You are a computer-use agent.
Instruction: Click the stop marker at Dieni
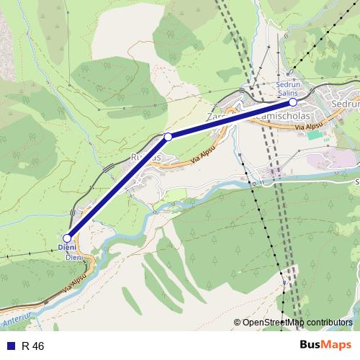[67, 238]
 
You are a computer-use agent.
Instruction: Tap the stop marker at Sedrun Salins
[293, 102]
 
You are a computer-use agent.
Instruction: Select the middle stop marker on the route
[168, 136]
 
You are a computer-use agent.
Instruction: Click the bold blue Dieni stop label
[66, 248]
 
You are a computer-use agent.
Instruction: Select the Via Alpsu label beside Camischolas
[308, 127]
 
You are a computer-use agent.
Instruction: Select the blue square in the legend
[11, 346]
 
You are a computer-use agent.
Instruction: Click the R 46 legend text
[33, 346]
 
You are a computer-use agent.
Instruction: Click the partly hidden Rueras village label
[142, 155]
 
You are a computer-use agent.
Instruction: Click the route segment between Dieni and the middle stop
[117, 187]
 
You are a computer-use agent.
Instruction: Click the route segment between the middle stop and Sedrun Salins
[230, 119]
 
